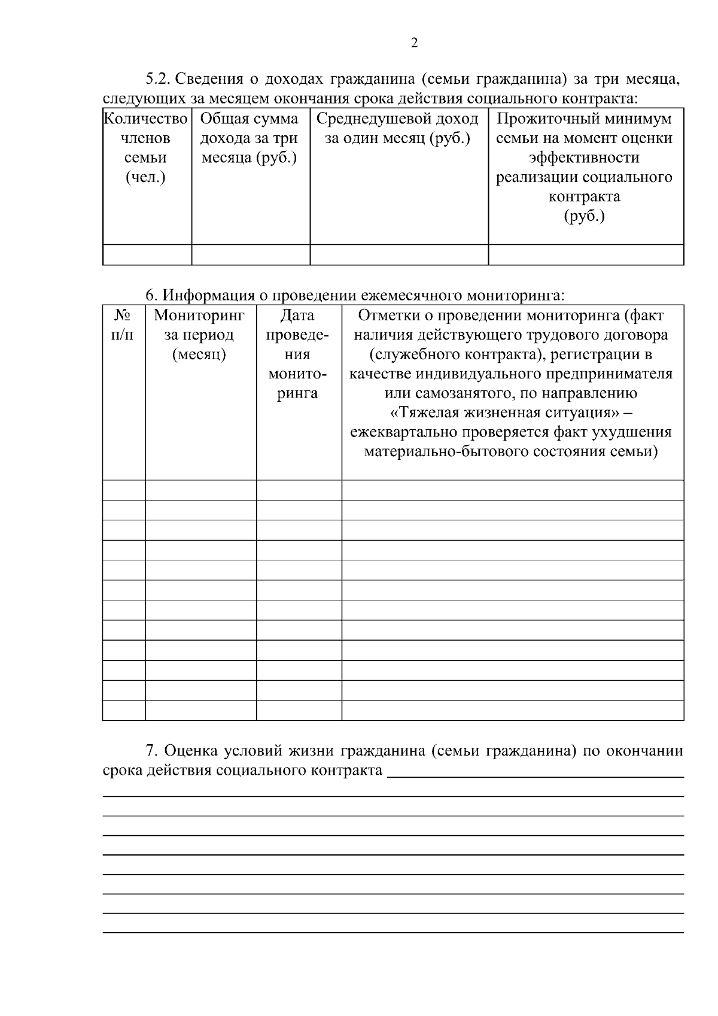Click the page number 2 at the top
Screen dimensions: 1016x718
pyautogui.click(x=414, y=43)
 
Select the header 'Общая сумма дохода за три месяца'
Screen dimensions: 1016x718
pyautogui.click(x=250, y=138)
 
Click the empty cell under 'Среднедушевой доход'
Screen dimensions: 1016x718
pyautogui.click(x=398, y=254)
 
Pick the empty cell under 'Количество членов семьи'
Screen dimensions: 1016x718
pyautogui.click(x=147, y=254)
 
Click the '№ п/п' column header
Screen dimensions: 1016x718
pyautogui.click(x=123, y=325)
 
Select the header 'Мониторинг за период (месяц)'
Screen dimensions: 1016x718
pyautogui.click(x=199, y=335)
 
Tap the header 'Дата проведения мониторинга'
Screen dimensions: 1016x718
pyautogui.click(x=298, y=354)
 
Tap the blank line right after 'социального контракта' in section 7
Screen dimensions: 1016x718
pyautogui.click(x=535, y=771)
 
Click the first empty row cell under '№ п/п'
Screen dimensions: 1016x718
pyautogui.click(x=123, y=490)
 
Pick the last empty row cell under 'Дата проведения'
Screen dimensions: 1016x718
pyautogui.click(x=298, y=710)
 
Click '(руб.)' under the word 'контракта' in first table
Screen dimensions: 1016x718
pyautogui.click(x=585, y=216)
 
